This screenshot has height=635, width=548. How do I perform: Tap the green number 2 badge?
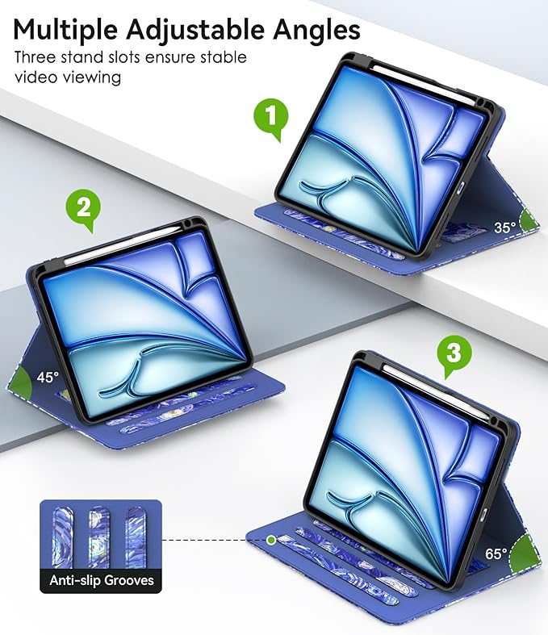coord(83,209)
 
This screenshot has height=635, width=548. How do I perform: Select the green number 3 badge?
coord(454,354)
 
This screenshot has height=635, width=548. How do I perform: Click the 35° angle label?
coord(504,228)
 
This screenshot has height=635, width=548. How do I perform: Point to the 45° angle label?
coord(48,378)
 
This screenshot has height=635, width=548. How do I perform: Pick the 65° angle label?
coord(496,554)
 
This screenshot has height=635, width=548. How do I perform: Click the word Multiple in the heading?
coord(65,30)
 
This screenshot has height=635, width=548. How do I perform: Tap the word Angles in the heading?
coord(316,30)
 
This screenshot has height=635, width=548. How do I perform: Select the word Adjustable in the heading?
coord(195,30)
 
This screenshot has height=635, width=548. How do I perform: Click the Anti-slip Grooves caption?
coord(102,580)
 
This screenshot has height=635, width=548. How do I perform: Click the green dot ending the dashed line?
coord(271,540)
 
